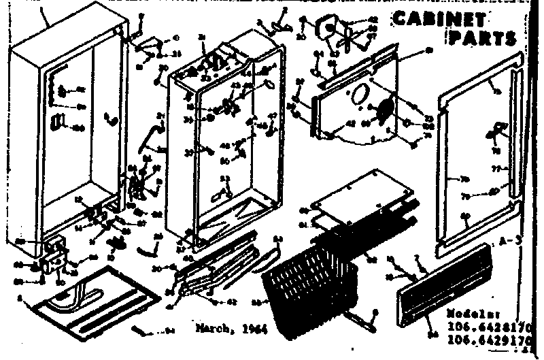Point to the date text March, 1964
click(x=231, y=327)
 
